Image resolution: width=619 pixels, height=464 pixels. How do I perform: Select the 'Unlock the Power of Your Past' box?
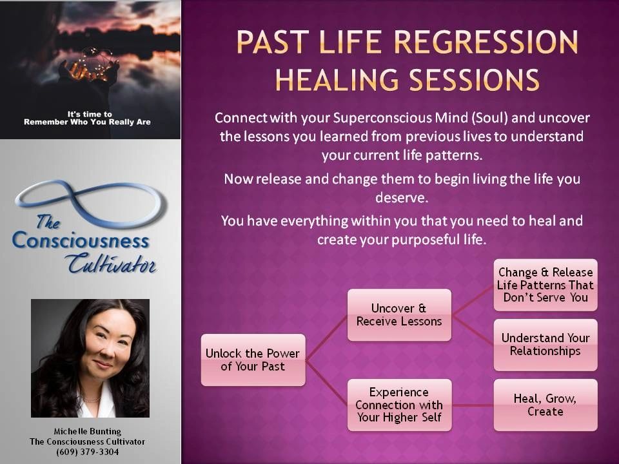point(253,360)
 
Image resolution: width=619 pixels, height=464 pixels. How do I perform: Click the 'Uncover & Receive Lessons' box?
point(399,315)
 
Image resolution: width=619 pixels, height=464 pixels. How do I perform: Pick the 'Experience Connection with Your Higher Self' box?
point(399,405)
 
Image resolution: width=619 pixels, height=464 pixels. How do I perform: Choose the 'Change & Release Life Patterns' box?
point(545,285)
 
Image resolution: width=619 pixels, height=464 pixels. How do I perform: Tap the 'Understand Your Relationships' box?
point(545,345)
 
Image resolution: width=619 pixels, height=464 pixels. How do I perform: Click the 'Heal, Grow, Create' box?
point(545,405)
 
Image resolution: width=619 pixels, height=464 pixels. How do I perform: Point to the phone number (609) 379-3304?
point(87,452)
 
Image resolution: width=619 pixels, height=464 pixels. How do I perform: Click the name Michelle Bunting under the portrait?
point(87,431)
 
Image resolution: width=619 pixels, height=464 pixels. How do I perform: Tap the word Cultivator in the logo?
point(112,264)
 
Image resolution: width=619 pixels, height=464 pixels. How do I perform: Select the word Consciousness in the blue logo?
point(81,240)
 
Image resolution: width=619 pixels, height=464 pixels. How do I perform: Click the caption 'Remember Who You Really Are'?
point(87,122)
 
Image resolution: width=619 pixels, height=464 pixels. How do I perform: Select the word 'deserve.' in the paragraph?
point(402,197)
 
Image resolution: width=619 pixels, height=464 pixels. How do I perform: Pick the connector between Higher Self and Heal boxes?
point(473,405)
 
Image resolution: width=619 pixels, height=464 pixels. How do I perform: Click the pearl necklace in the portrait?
point(90,400)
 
